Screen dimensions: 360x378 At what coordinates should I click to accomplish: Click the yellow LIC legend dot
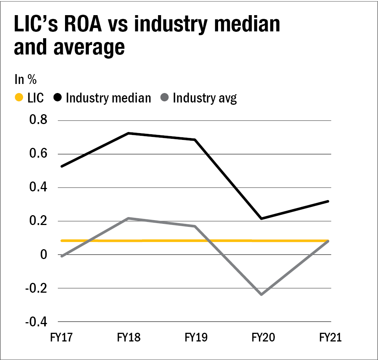pos(19,98)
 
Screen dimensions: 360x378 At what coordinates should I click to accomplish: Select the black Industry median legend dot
pos(57,98)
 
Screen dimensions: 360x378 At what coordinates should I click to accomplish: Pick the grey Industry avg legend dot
pos(164,98)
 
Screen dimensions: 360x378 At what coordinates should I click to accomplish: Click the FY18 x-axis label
pos(129,337)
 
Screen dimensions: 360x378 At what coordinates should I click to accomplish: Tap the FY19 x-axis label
pos(195,337)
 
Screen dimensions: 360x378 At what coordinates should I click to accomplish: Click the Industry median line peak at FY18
pos(129,133)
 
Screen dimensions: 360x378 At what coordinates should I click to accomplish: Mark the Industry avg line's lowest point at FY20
pos(262,294)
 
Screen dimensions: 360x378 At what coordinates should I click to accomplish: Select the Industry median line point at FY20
pos(262,219)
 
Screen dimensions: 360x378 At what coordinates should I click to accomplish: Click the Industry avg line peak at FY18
pos(129,218)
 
